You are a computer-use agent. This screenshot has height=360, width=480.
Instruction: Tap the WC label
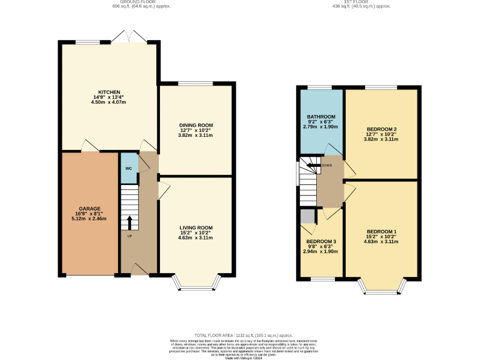pyautogui.click(x=128, y=168)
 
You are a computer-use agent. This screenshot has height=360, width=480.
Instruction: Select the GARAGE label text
pyautogui.click(x=89, y=208)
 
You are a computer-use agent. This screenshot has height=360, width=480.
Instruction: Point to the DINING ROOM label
pyautogui.click(x=196, y=124)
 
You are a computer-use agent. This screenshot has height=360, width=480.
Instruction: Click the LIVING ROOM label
pyautogui.click(x=196, y=227)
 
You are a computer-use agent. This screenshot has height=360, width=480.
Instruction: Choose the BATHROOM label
pyautogui.click(x=321, y=116)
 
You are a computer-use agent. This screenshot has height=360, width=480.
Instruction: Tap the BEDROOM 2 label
pyautogui.click(x=382, y=129)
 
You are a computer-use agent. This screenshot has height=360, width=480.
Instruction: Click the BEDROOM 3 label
pyautogui.click(x=321, y=241)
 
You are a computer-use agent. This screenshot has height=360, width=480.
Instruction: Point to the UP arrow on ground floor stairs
pyautogui.click(x=129, y=222)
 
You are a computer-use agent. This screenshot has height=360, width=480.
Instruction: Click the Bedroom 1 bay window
pyautogui.click(x=381, y=287)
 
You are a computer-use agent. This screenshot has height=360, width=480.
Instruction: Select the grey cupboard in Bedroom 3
pyautogui.click(x=307, y=216)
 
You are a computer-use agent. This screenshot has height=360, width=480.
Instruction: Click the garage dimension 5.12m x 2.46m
pyautogui.click(x=89, y=219)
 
